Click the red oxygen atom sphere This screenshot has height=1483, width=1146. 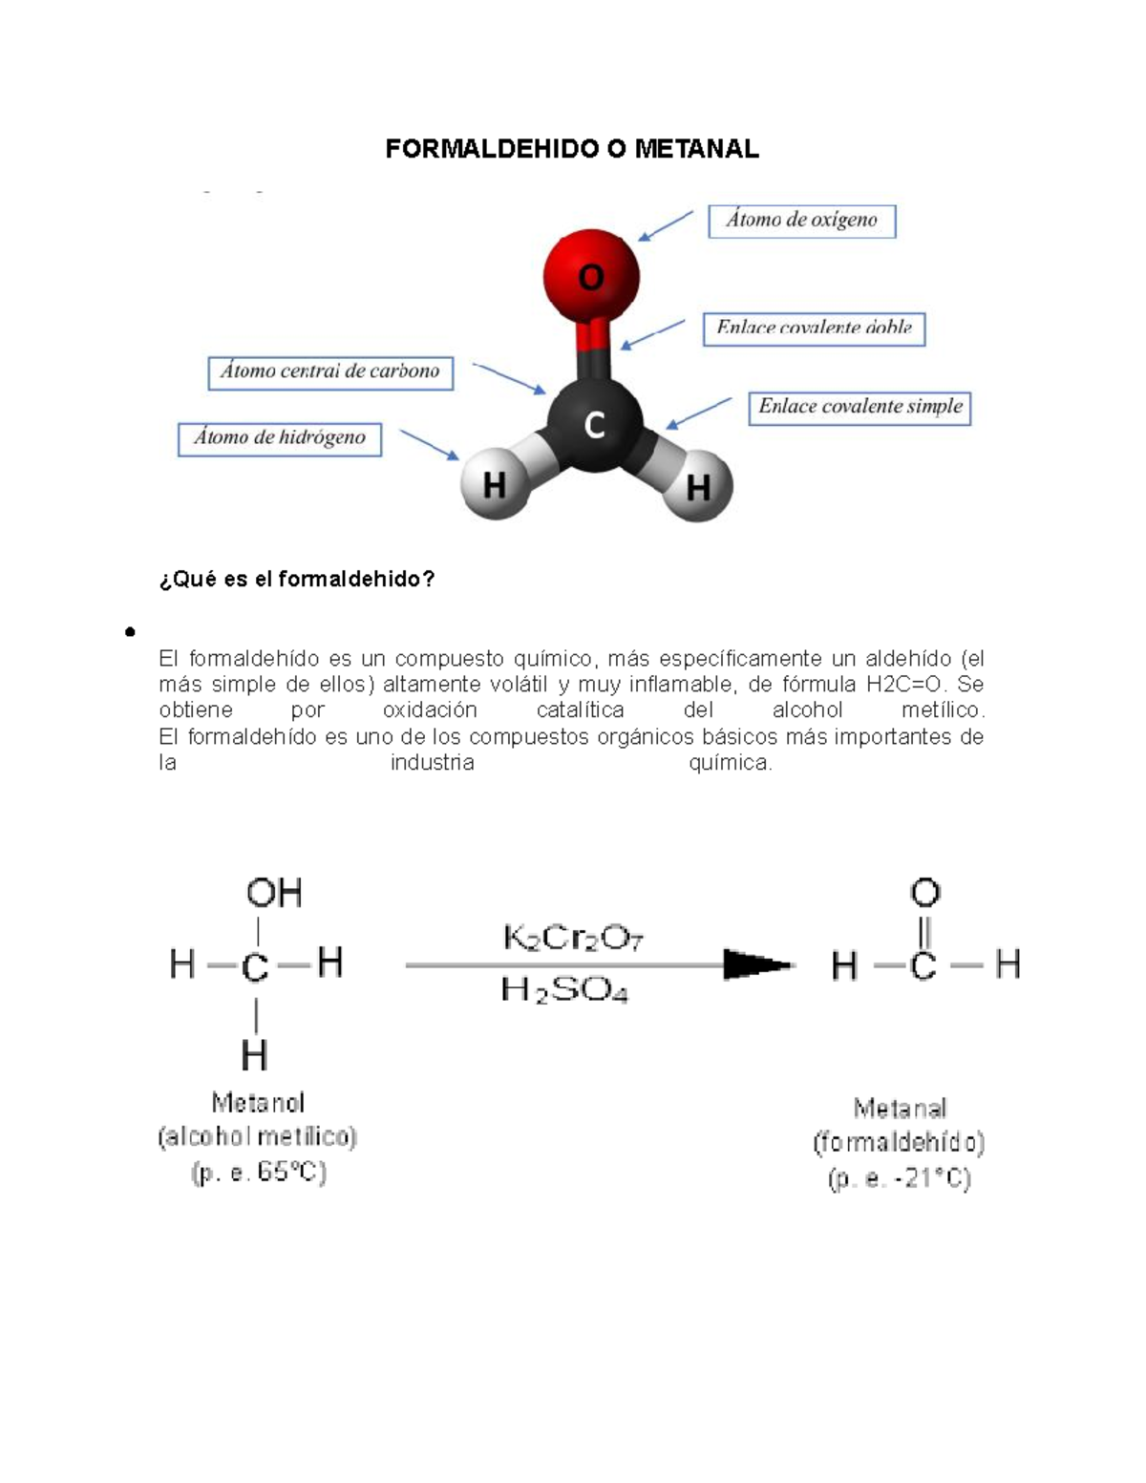tap(591, 275)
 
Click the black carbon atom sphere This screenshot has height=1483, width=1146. tap(594, 424)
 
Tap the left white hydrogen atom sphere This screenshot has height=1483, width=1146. tap(494, 485)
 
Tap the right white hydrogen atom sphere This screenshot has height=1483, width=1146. tap(698, 487)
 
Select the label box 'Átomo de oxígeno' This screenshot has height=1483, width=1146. tap(801, 221)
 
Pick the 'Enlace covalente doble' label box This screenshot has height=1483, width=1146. tap(814, 328)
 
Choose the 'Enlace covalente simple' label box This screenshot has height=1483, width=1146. tap(859, 408)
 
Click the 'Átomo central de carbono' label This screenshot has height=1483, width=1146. tap(329, 372)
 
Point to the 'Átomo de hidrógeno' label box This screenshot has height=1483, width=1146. tap(280, 439)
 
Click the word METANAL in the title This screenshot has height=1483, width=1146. tap(697, 149)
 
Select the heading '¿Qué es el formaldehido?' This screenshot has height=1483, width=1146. tap(297, 579)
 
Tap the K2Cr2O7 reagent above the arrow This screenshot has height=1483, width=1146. tap(573, 939)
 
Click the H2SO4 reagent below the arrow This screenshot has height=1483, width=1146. tap(564, 990)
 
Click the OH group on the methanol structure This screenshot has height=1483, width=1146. tap(274, 893)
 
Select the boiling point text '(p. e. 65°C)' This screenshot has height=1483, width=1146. tap(259, 1173)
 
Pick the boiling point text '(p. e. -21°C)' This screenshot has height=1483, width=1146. tap(900, 1179)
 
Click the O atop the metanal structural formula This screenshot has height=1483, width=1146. tap(924, 893)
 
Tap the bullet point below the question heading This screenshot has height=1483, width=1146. tap(129, 631)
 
